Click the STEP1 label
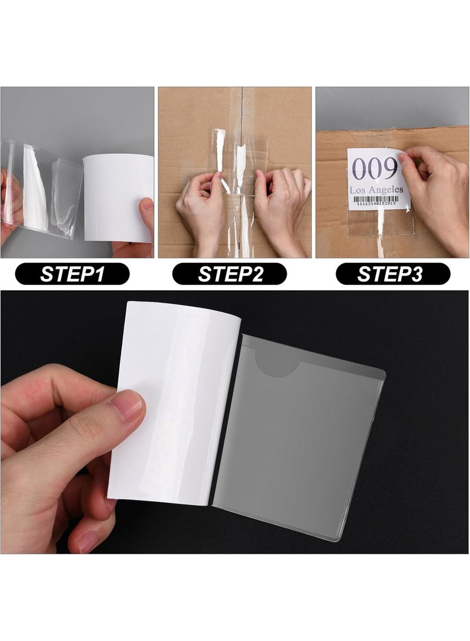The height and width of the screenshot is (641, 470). pyautogui.click(x=72, y=274)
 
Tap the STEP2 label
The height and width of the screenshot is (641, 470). pyautogui.click(x=229, y=274)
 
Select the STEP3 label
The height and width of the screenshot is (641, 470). pyautogui.click(x=392, y=274)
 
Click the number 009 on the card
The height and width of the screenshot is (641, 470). pyautogui.click(x=375, y=170)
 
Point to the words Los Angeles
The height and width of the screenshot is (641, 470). pyautogui.click(x=377, y=190)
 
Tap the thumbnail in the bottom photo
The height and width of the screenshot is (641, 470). pyautogui.click(x=126, y=405)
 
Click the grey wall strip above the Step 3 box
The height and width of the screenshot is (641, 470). pyautogui.click(x=392, y=109)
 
